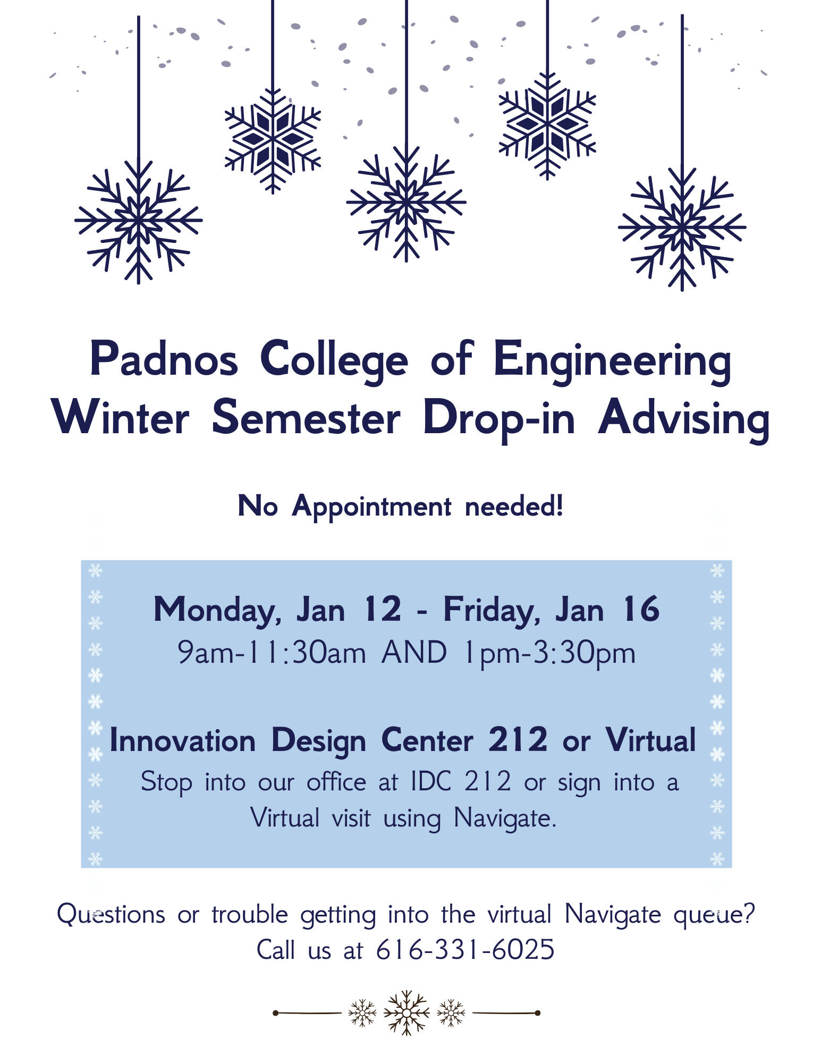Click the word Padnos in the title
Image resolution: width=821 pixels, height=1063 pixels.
tap(164, 359)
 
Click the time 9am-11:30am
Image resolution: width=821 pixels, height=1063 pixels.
tap(272, 653)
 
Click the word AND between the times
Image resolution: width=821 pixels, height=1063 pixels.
tap(414, 652)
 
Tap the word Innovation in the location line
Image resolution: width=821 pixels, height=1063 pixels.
tap(182, 740)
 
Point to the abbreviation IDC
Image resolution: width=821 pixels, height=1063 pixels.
tap(431, 781)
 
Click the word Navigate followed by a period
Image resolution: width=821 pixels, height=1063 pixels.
tap(504, 819)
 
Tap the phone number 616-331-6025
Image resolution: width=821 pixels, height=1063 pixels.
tap(465, 949)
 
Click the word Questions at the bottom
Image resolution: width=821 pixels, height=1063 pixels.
tap(111, 914)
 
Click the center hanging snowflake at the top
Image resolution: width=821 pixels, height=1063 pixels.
tap(406, 203)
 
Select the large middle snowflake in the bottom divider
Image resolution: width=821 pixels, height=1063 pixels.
tap(406, 1013)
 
